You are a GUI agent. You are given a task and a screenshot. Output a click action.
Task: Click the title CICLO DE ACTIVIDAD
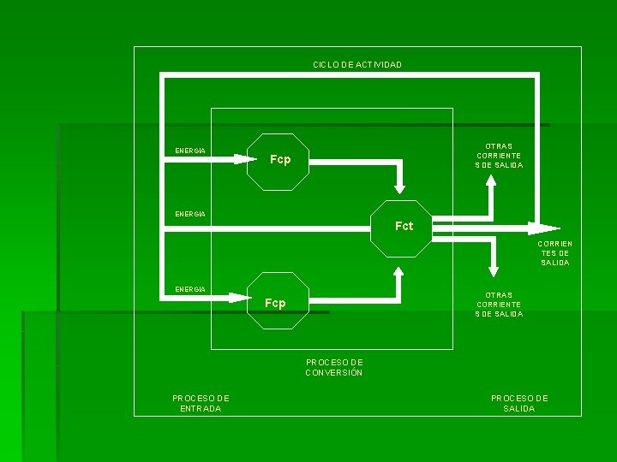(x=356, y=65)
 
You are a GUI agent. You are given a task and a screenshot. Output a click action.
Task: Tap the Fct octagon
(x=401, y=228)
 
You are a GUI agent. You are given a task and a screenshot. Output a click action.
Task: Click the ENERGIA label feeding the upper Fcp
(x=189, y=151)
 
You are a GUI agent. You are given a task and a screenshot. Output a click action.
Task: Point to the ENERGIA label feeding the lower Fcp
(x=189, y=289)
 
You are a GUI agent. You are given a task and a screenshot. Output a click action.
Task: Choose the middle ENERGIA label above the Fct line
(x=189, y=213)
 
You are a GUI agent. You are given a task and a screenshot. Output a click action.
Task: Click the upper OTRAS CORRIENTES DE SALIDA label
(x=499, y=156)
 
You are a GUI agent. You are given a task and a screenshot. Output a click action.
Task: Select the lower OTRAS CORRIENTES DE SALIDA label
(x=499, y=305)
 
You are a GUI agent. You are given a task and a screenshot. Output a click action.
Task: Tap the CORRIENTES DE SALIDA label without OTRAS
(x=554, y=253)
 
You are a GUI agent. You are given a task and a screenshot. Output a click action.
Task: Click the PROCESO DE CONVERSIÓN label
(x=334, y=367)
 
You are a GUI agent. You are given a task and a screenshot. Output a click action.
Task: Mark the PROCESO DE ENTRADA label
(x=201, y=403)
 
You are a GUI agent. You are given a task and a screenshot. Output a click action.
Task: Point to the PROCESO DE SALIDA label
(x=519, y=403)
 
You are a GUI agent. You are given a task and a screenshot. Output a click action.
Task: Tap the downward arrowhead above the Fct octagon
(x=399, y=187)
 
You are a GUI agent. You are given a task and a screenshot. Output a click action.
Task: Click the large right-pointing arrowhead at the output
(x=542, y=228)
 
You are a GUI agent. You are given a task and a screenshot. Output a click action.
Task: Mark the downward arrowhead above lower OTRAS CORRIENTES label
(x=492, y=269)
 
